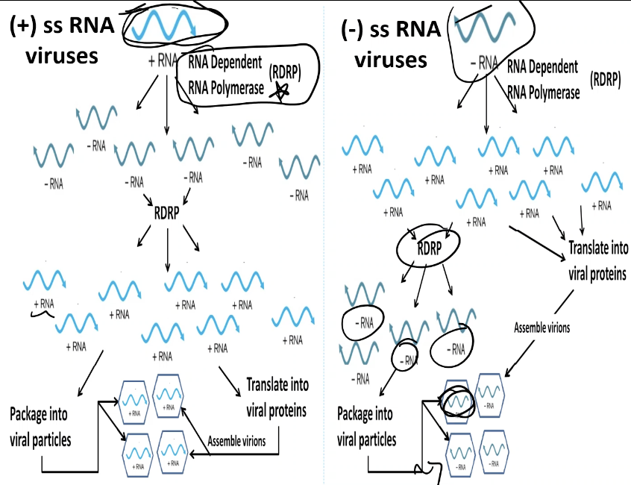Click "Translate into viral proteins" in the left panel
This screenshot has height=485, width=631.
277,399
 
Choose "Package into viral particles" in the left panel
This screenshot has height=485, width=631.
41,426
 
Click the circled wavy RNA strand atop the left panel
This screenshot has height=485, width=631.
169,27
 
